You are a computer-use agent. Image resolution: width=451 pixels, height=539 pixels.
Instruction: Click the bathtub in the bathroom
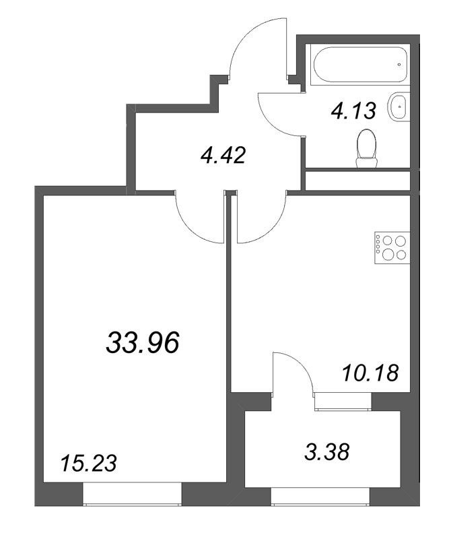360,65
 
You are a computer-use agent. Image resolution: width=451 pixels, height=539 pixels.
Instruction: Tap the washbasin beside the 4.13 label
398,106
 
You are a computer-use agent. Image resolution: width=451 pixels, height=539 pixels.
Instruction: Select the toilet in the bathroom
367,148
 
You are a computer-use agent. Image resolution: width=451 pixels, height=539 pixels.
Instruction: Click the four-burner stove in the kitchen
392,247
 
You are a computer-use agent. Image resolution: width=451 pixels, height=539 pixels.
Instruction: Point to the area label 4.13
353,111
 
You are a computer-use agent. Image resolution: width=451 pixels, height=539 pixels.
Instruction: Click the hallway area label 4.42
223,156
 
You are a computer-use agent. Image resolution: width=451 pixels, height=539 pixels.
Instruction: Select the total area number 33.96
143,343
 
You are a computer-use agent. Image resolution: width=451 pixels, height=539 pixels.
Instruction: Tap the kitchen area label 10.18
371,373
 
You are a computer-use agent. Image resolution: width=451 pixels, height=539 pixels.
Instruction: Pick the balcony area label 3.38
326,451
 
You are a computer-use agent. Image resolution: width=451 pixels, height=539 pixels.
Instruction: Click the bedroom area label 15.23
88,463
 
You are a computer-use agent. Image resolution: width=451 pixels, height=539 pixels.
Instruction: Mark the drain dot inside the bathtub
399,64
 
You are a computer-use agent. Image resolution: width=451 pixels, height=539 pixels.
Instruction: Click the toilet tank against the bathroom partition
367,162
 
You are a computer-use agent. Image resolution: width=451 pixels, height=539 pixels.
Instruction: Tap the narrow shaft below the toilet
358,179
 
